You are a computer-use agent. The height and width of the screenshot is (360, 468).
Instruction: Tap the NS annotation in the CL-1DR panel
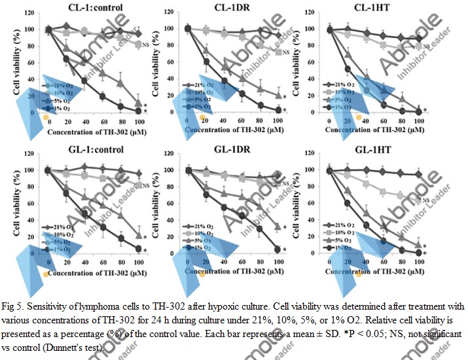(x=286, y=52)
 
